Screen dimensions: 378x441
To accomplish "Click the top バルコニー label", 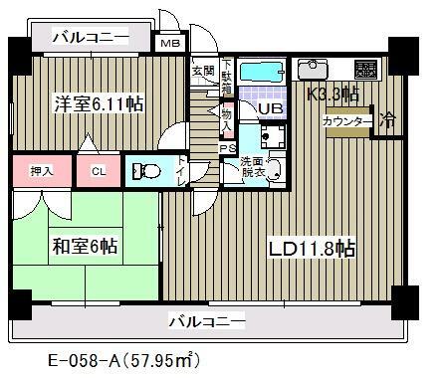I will [92, 38].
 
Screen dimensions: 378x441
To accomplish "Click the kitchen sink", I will [316, 70].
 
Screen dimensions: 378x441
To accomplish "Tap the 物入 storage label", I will [226, 121].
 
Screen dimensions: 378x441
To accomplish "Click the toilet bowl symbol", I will [149, 171].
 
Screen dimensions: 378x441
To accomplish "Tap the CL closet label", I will [98, 171].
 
